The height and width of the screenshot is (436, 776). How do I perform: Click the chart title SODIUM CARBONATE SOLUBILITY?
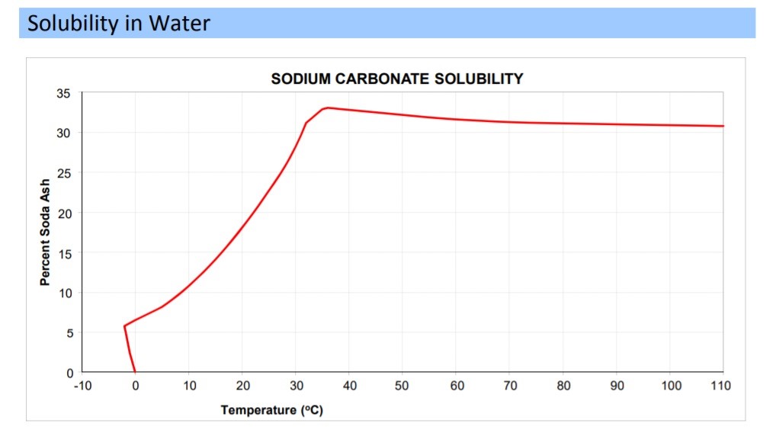397,79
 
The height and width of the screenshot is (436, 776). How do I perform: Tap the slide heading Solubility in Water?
118,24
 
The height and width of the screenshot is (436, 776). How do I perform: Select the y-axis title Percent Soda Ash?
45,233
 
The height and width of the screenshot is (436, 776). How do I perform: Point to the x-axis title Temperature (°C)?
271,410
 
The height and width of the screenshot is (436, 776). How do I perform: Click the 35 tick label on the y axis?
63,93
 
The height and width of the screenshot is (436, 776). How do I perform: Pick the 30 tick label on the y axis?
63,133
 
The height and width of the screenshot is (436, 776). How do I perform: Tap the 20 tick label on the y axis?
63,213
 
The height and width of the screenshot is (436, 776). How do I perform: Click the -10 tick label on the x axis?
82,386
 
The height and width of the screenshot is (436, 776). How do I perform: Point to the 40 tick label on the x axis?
350,386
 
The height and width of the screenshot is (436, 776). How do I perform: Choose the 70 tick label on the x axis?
511,386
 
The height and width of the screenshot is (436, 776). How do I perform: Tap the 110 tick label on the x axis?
720,386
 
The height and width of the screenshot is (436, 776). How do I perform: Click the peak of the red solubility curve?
328,107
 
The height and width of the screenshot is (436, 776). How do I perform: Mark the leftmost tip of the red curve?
124,325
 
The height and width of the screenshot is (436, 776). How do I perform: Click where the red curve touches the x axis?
135,372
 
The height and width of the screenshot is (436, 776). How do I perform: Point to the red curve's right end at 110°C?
722,126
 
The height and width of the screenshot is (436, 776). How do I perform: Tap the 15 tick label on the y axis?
63,253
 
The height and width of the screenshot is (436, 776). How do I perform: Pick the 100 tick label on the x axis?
672,386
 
